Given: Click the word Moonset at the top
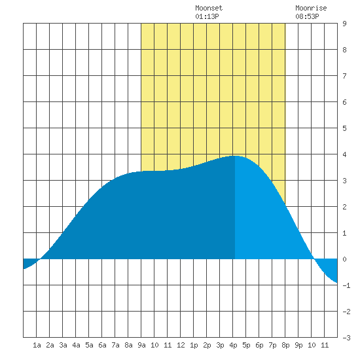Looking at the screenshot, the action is (209, 8).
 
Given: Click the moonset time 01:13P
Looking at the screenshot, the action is (207, 16).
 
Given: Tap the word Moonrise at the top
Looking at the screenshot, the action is (311, 8).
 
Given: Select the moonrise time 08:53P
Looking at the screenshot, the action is (307, 16).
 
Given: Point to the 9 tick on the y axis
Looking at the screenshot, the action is (344, 24).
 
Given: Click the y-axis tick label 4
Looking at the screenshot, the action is (344, 154).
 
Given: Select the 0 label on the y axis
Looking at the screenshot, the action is (344, 259).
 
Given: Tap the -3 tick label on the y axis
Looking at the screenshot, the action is (346, 338).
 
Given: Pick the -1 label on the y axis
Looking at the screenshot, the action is (346, 285).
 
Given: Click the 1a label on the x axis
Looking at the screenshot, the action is (37, 345).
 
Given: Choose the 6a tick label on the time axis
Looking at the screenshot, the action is (102, 345).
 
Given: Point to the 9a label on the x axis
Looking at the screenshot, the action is (141, 345).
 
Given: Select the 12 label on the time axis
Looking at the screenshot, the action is (181, 345).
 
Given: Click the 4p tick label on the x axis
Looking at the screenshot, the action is (233, 345).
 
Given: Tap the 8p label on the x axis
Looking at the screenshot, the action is (285, 345).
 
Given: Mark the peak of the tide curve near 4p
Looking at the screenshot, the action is (235, 156).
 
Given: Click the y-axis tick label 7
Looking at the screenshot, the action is (344, 76).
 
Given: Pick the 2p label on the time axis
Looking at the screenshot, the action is (207, 345).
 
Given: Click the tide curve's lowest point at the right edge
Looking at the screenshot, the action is (337, 283).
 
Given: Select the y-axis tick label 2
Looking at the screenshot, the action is (344, 207).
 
